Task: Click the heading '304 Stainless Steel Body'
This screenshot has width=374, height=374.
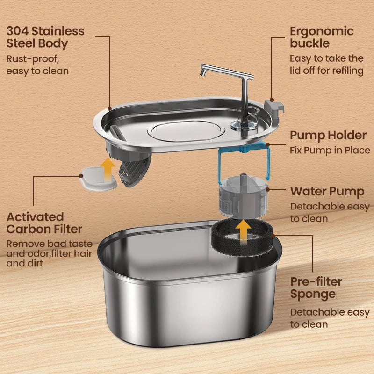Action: tap(45, 37)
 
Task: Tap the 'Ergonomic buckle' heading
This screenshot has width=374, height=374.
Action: tap(322, 37)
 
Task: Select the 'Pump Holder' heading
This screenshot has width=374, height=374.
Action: tap(328, 136)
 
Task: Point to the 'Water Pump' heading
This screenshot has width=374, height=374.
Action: tap(327, 192)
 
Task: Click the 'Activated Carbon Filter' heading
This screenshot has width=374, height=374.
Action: tap(44, 223)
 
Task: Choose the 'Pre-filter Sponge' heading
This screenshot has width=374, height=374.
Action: tap(316, 288)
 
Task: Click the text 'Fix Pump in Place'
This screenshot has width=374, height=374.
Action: tap(330, 151)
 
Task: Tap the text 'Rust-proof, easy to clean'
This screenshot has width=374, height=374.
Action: tap(37, 65)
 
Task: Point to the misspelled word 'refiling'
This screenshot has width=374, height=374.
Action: tap(346, 71)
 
